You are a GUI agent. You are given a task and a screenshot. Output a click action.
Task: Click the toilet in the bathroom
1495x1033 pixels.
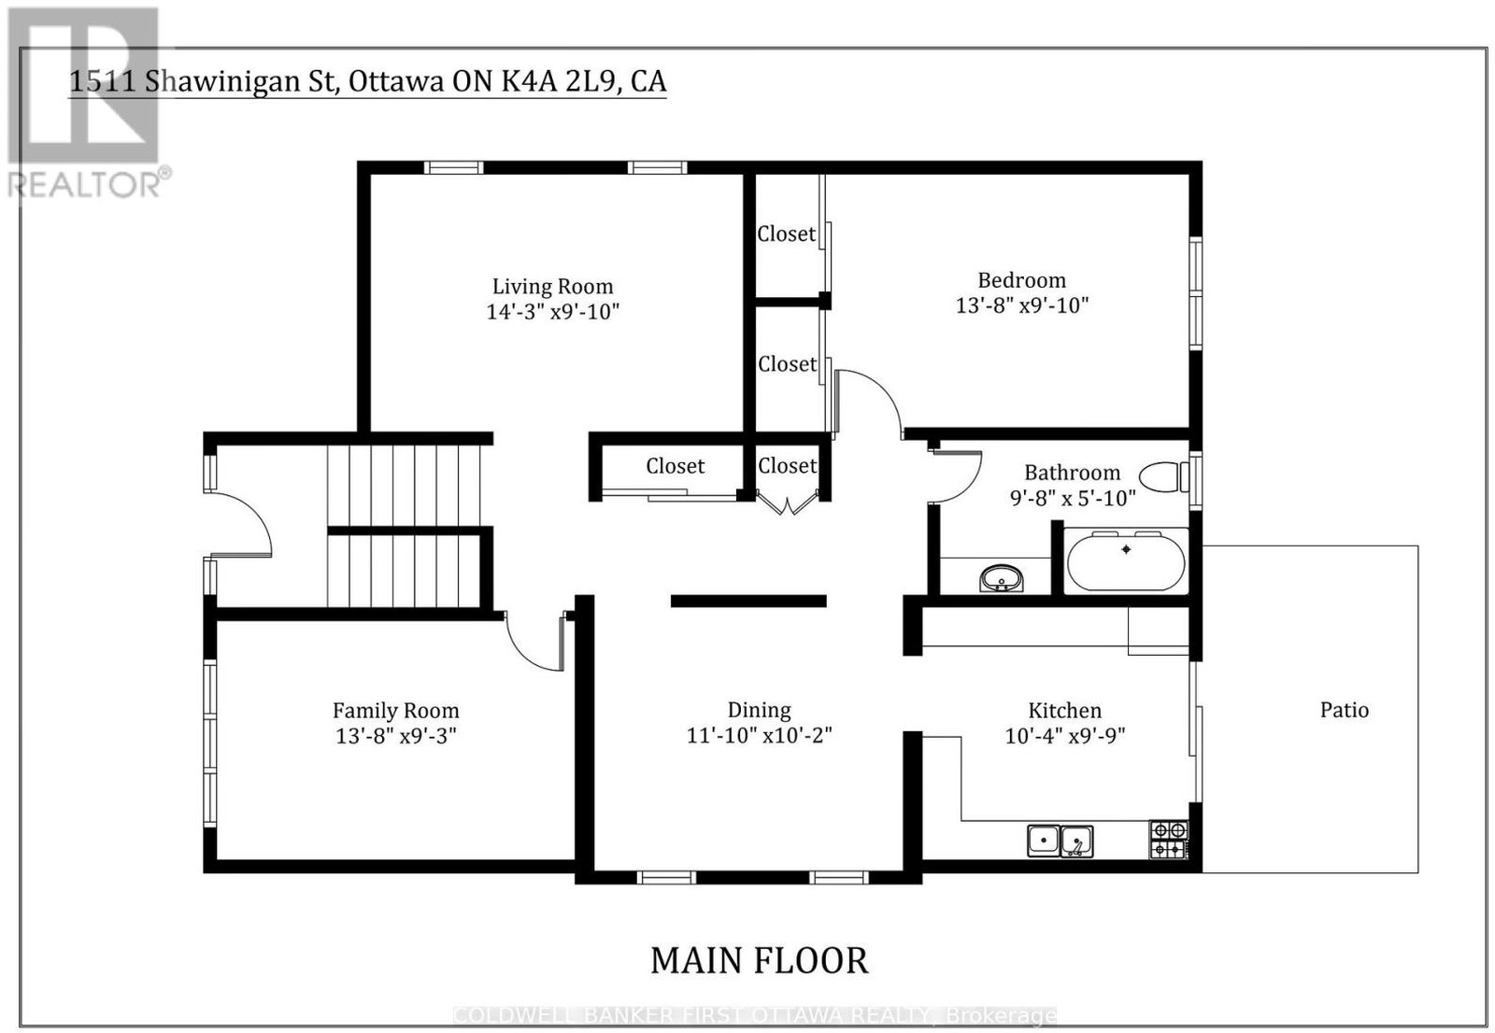point(1164,477)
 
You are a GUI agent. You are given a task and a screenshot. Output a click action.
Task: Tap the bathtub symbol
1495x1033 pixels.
point(1126,560)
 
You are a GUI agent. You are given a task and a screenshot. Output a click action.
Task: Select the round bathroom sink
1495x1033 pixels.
point(1001,578)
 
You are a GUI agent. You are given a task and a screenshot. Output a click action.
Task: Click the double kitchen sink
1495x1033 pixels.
point(1060,841)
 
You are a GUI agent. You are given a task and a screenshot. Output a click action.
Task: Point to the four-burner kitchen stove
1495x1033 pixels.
point(1169,840)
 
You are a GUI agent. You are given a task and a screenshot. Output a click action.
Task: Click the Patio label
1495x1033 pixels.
point(1345,710)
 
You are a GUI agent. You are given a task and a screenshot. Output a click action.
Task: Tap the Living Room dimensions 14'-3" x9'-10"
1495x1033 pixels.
point(552,312)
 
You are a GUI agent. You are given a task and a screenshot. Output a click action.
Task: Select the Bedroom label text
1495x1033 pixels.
point(1022,280)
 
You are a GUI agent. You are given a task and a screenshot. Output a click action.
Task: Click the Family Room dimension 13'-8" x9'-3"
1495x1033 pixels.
point(396,735)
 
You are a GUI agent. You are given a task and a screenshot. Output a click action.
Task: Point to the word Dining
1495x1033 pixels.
point(759,710)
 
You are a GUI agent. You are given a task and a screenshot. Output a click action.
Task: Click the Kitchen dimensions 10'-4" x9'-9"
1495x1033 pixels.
point(1065,735)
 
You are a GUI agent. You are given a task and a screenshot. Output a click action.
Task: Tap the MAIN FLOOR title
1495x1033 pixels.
point(760,961)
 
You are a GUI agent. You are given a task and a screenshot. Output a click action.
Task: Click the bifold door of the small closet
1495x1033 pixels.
point(789,503)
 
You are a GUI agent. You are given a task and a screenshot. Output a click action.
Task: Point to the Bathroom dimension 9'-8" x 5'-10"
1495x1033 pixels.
point(1073,498)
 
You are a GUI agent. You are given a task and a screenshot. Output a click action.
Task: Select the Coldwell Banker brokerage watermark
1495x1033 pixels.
point(755,1015)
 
